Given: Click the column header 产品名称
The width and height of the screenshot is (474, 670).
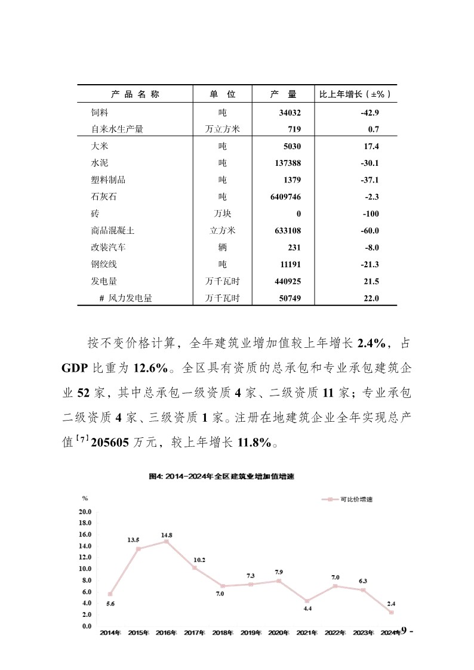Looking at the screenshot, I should point(135,94).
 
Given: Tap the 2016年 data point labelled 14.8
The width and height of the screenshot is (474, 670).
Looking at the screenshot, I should point(167,541).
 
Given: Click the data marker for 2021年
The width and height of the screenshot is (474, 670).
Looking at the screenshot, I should point(306,601).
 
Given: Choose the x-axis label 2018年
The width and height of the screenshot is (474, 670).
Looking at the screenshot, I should point(222,632).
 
